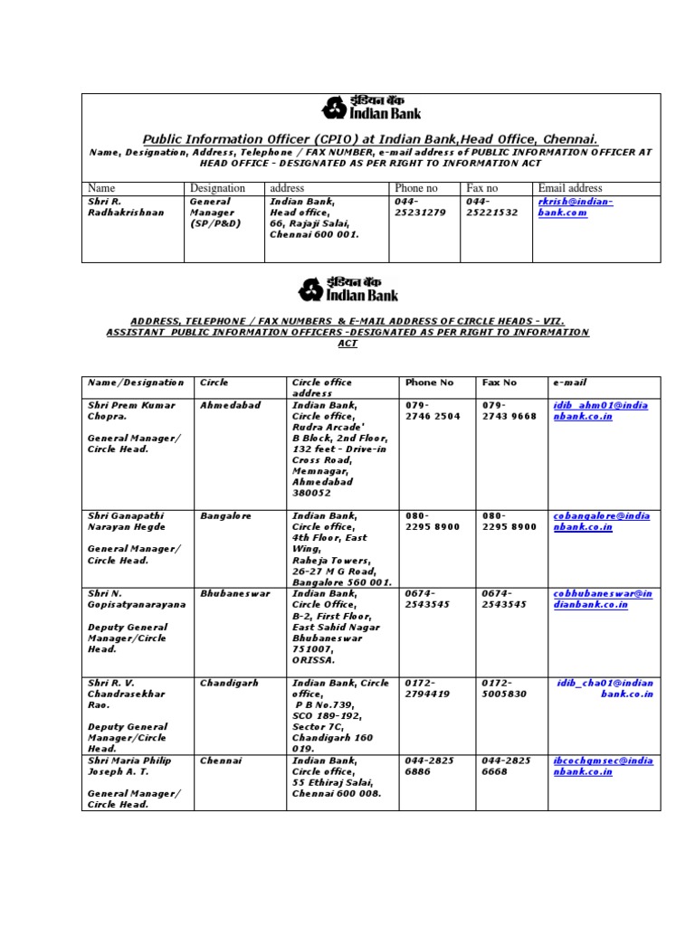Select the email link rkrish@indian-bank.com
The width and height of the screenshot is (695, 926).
[x=576, y=207]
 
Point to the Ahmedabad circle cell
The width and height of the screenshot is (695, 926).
[x=229, y=405]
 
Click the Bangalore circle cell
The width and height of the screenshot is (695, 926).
[x=225, y=515]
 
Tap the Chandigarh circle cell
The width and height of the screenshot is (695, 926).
[x=229, y=683]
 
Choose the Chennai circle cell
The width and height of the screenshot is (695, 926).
[x=222, y=761]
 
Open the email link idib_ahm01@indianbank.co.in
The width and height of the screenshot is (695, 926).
[x=601, y=411]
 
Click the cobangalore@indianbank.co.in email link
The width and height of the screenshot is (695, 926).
[x=601, y=521]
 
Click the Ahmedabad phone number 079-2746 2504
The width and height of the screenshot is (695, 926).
[x=433, y=411]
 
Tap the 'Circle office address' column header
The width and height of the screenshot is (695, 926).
[x=322, y=388]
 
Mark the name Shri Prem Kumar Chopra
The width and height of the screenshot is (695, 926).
[x=131, y=411]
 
